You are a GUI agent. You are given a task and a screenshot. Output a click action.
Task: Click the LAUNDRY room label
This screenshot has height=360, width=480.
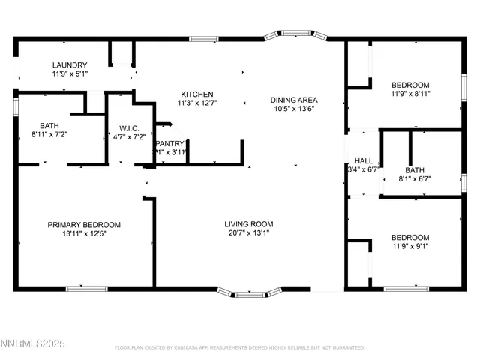click(x=70, y=65)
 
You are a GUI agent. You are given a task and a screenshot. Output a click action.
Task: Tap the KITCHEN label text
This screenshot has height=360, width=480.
click(x=195, y=94)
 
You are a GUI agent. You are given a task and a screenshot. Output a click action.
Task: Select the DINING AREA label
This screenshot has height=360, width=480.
click(x=294, y=100)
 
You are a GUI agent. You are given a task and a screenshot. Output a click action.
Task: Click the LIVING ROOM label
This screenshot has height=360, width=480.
click(x=249, y=224)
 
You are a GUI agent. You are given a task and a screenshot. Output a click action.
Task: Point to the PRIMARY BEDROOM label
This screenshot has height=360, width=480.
click(x=84, y=225)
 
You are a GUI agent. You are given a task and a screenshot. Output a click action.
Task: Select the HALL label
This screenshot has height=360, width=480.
click(x=363, y=160)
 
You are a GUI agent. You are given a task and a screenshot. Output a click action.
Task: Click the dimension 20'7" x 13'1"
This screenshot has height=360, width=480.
click(x=249, y=233)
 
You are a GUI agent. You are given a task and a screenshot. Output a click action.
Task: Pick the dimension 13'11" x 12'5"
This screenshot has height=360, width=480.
click(x=84, y=234)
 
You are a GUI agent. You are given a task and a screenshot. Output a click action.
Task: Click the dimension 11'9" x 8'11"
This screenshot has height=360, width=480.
click(x=410, y=94)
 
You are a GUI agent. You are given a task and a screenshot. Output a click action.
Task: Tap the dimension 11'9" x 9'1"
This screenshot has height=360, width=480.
click(x=410, y=245)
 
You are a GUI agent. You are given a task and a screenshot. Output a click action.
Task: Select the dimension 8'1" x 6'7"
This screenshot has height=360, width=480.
click(x=415, y=178)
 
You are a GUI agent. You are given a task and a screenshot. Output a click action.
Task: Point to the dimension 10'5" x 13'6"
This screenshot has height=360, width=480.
click(x=294, y=109)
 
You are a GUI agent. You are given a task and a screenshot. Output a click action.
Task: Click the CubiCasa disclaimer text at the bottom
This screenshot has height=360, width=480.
click(x=240, y=348)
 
